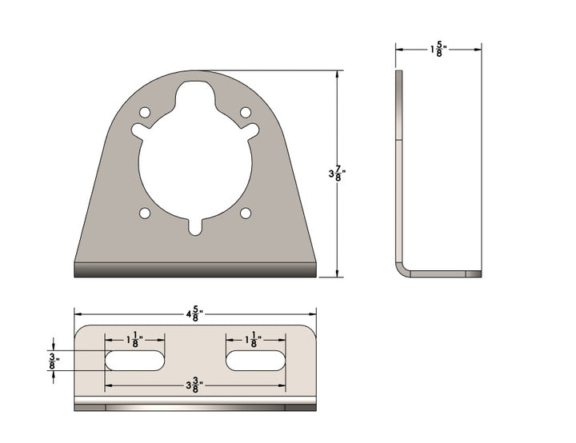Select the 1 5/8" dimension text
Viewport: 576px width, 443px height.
point(438,50)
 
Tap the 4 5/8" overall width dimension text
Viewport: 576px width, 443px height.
point(193,314)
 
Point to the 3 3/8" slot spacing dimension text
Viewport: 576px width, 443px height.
point(193,385)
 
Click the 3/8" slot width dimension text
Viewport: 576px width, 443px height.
point(53,360)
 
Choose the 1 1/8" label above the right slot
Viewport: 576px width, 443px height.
point(254,340)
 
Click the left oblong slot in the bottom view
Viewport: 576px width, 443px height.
point(135,361)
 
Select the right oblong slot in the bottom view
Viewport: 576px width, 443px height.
point(254,361)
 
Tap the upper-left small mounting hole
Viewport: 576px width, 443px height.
point(145,113)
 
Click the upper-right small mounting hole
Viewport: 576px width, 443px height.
point(246,112)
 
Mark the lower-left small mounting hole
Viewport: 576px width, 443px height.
point(145,213)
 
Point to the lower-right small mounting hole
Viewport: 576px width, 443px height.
point(246,213)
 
